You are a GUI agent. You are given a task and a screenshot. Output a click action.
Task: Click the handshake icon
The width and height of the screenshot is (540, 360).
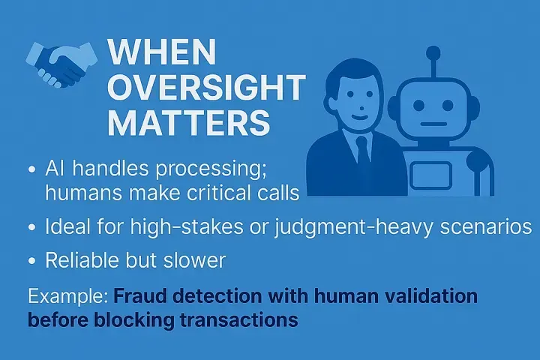click(x=61, y=64)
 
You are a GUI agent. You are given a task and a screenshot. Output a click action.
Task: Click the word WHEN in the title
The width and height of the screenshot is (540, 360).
click(x=162, y=52)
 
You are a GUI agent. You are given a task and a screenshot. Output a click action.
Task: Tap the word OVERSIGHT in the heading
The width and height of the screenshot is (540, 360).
click(x=207, y=87)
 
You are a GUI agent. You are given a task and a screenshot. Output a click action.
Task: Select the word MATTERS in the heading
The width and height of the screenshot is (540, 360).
click(x=189, y=122)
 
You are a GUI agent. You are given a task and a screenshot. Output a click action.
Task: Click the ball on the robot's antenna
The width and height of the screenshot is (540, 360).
click(x=433, y=54)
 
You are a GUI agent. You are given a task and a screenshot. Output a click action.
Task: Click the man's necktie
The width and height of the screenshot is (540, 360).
click(x=363, y=154)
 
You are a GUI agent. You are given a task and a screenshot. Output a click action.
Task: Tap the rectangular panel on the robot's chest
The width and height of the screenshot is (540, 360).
click(x=430, y=175)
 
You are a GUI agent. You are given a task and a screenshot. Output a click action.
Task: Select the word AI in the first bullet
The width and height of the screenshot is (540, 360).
click(x=53, y=169)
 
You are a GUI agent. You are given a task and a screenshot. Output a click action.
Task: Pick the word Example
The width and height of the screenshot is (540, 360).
click(x=68, y=296)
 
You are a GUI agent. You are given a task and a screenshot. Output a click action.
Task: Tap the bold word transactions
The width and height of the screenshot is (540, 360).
click(x=238, y=319)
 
